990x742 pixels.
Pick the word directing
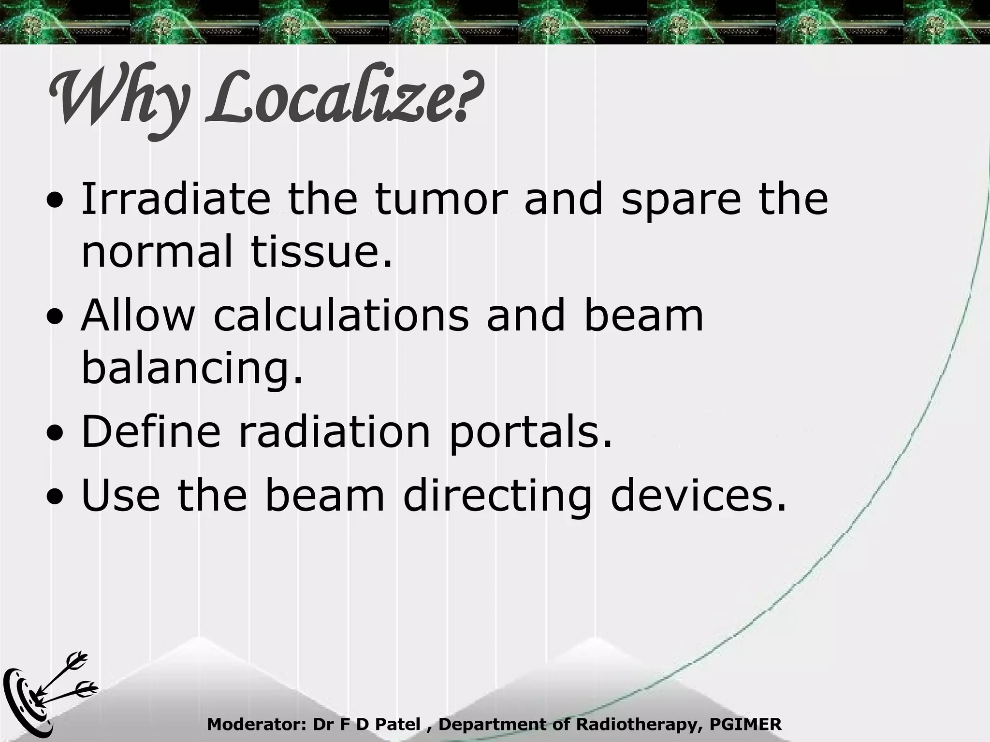497,498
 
